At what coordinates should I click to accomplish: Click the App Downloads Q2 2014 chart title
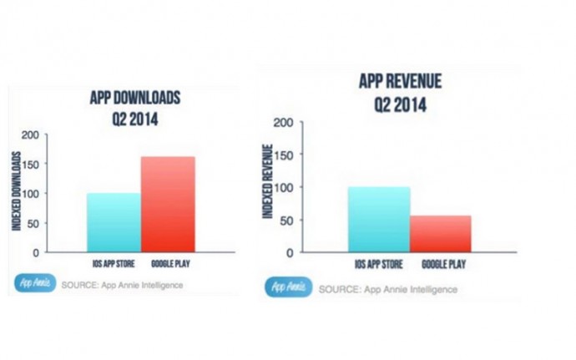(x=134, y=109)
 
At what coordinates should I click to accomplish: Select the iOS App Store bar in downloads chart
(x=114, y=222)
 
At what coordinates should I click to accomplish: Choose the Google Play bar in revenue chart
(x=441, y=234)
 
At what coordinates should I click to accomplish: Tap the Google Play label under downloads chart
(x=169, y=262)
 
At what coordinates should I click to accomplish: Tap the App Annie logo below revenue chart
(x=287, y=288)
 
